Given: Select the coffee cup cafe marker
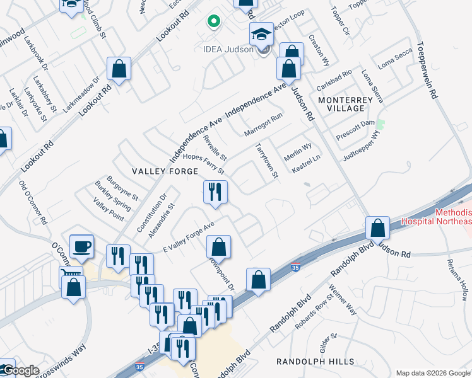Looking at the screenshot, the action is pos(82,246).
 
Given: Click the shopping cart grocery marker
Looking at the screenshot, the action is pos(71,276).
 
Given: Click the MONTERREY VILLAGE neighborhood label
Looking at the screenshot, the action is pos(350,104).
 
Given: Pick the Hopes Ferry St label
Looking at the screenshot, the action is pos(204,165).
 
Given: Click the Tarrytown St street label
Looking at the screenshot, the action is pos(266,160).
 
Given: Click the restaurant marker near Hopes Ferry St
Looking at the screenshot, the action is pos(215,192).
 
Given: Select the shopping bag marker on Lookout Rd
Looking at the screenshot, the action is pos(119,69).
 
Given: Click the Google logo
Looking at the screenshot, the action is pos(20,370).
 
